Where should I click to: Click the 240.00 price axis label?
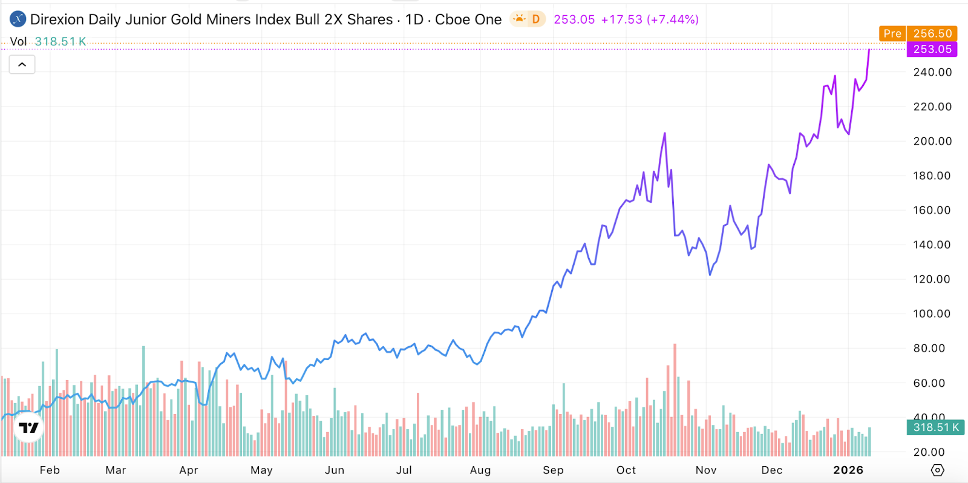click(x=932, y=72)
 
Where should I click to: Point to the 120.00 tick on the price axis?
click(x=932, y=279)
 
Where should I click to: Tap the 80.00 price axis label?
click(x=929, y=348)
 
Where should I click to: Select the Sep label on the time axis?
click(x=553, y=470)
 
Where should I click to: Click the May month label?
click(x=261, y=470)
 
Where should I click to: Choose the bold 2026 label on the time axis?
click(x=848, y=470)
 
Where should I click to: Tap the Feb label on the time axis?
click(x=50, y=470)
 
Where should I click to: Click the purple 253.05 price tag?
click(x=932, y=49)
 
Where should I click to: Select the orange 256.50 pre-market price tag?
click(x=932, y=33)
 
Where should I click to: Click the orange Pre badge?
click(x=892, y=33)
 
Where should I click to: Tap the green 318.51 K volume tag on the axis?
click(x=936, y=427)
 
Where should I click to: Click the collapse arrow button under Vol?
click(x=22, y=65)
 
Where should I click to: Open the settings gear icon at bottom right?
click(x=937, y=470)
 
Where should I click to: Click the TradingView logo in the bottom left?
click(x=28, y=428)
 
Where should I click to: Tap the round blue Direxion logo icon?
click(x=18, y=19)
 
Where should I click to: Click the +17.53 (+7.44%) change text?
click(x=650, y=19)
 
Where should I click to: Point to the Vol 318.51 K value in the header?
click(x=60, y=42)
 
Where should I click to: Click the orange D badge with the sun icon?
click(x=528, y=19)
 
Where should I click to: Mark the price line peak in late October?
click(x=665, y=133)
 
